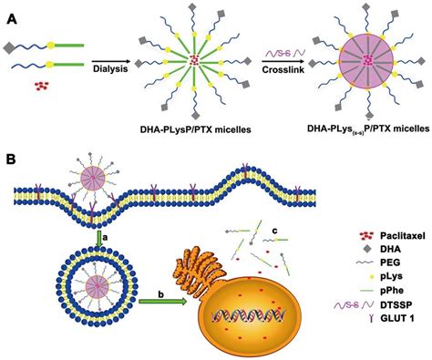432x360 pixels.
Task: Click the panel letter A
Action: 12,17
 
